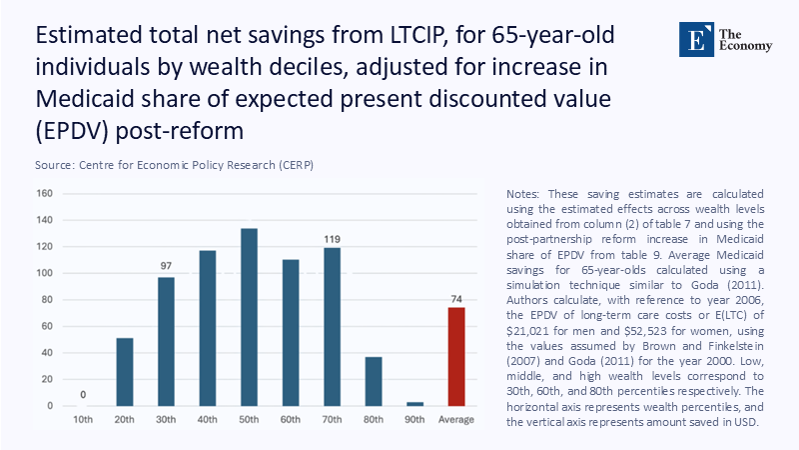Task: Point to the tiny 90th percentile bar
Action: [414, 404]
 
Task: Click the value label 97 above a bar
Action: [166, 266]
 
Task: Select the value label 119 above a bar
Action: [332, 240]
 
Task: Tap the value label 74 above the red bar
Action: [455, 297]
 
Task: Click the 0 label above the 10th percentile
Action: [84, 394]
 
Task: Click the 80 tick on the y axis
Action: [47, 299]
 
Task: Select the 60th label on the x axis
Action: [291, 418]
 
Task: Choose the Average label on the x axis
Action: [455, 418]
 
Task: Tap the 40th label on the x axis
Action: [208, 418]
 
